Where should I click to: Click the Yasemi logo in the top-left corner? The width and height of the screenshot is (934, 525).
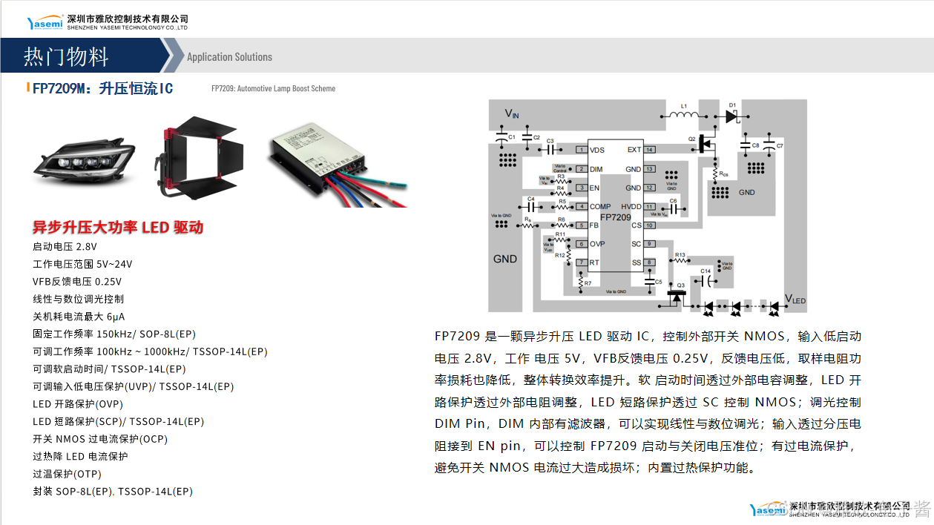tap(45, 23)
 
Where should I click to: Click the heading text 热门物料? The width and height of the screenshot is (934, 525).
tap(66, 56)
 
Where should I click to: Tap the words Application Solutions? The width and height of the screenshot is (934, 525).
tap(229, 57)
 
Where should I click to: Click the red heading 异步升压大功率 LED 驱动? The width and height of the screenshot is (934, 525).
tap(118, 228)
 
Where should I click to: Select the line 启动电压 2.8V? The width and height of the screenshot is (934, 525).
tap(65, 247)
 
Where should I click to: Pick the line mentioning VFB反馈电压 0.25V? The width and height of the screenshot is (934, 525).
tap(77, 282)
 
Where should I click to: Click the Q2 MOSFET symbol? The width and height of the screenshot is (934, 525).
tap(706, 143)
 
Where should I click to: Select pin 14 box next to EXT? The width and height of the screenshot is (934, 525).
tap(649, 150)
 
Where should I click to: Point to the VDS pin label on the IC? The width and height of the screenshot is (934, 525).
tap(597, 151)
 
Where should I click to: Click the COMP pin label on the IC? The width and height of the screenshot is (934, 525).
tap(600, 207)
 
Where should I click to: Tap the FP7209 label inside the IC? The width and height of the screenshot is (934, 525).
tap(615, 217)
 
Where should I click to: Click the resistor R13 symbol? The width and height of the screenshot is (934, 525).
tap(680, 262)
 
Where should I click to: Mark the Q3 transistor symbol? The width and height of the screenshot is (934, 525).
tap(676, 294)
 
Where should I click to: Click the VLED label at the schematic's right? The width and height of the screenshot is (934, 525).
tap(795, 299)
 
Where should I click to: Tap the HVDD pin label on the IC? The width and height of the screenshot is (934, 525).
tap(631, 207)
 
